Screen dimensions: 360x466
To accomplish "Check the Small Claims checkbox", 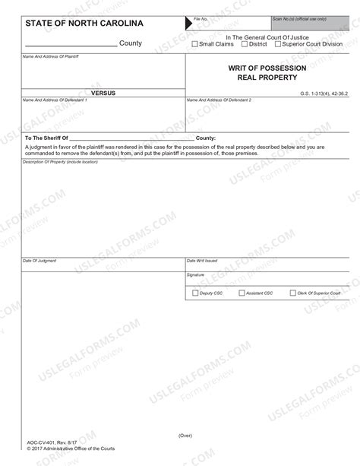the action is [x=194, y=44].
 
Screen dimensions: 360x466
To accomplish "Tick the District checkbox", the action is [x=242, y=44].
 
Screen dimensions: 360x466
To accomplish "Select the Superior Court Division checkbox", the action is [x=279, y=44].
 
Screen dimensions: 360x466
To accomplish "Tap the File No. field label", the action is [x=201, y=17].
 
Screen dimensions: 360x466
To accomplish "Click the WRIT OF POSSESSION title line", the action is [x=267, y=68].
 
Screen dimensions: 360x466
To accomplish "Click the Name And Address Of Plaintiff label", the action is [x=50, y=56].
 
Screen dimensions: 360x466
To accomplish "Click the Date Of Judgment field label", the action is [x=39, y=261].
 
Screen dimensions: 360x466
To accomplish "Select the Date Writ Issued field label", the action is [x=202, y=261].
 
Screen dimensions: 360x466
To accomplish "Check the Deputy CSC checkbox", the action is [x=195, y=293].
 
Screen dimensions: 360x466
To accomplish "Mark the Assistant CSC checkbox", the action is [x=242, y=293].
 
